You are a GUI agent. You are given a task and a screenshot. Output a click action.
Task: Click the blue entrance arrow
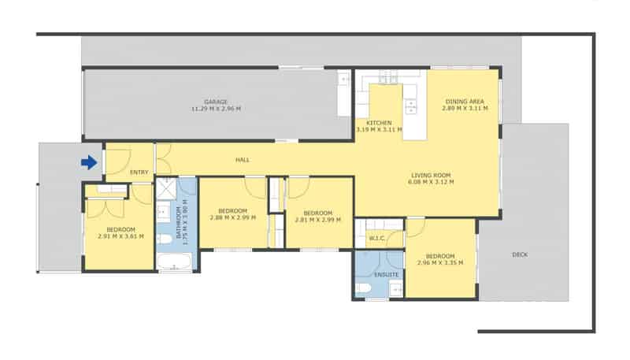[x=89, y=163]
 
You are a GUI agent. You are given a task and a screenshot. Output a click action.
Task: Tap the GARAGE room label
[x=216, y=102]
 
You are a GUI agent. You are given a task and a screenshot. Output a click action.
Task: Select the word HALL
[x=243, y=160]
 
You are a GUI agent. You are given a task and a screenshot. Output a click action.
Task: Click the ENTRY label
[x=139, y=173]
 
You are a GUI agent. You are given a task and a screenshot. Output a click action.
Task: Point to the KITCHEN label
[x=379, y=123]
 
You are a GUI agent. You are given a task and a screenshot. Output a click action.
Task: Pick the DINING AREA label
[x=465, y=102]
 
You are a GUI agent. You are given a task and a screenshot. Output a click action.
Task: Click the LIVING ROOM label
[x=431, y=175]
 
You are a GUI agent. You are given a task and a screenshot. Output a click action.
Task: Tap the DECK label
[x=520, y=254]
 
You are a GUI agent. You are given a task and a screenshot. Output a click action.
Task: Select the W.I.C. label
[x=377, y=239]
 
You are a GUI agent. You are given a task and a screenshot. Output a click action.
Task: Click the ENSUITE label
[x=386, y=275]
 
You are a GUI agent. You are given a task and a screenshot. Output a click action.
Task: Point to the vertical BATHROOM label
[x=179, y=223]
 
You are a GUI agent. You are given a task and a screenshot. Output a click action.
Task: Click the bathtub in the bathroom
[x=174, y=262]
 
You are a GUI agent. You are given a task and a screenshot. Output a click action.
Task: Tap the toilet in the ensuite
[x=363, y=288]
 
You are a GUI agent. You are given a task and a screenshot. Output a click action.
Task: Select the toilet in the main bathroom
[x=164, y=239]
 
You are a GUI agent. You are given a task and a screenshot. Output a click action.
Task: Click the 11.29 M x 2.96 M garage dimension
[x=216, y=109]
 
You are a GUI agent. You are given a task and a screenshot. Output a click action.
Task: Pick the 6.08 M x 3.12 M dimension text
[x=431, y=182]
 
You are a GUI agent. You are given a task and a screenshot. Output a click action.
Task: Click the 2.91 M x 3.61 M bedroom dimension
[x=120, y=236]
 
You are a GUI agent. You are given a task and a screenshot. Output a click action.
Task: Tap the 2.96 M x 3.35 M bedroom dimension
[x=440, y=263]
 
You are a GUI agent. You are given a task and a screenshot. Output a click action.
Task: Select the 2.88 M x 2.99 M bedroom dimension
[x=232, y=217]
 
